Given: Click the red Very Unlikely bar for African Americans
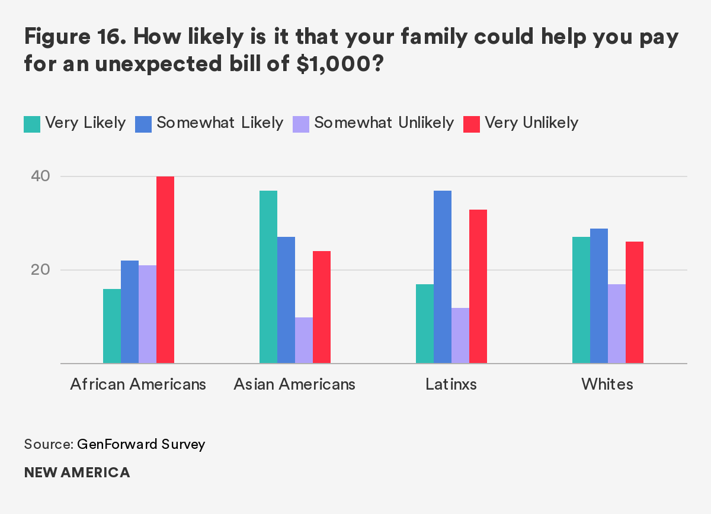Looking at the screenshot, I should point(165,270).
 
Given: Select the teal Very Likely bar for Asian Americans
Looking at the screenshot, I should point(268,277).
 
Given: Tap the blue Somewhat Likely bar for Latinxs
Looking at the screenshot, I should point(443,277).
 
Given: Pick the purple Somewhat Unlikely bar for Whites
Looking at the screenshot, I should point(617,324).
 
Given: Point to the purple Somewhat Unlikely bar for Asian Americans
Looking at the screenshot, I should point(304,340).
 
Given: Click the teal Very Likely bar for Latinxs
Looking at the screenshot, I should point(425,324).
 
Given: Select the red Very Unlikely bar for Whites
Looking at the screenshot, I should point(635,303).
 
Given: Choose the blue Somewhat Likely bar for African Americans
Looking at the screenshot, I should point(130,312).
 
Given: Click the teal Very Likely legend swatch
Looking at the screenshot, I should point(32,124).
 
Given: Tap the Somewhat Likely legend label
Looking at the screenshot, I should point(220,123).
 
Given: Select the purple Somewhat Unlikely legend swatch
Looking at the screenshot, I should point(301,124).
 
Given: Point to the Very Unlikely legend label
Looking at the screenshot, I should point(531,123).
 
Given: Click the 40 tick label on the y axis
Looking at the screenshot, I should point(36,176).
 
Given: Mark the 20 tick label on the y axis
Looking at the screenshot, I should point(36,270).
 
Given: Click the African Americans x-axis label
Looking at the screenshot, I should point(138,384).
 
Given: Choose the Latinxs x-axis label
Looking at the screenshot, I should point(451,384).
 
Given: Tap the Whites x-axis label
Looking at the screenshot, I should point(607,384).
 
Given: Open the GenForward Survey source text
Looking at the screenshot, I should point(141,444).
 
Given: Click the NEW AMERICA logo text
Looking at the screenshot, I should point(77,473).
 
